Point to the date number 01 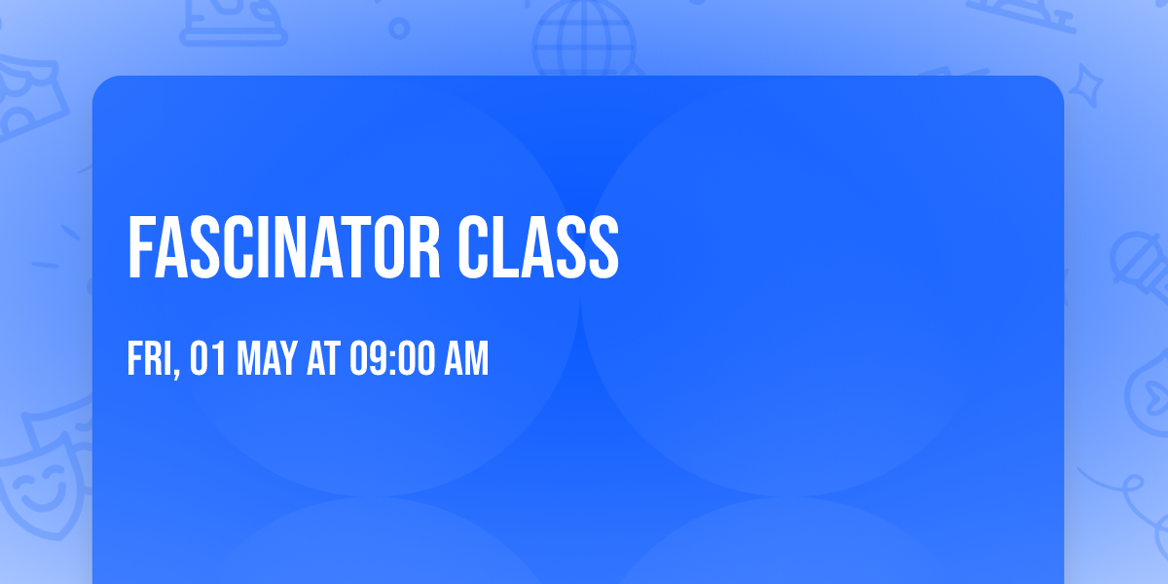[207, 359]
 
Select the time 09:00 [392, 359]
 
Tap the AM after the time [466, 359]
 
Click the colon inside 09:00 [392, 360]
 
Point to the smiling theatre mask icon [39, 477]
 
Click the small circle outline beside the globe [399, 28]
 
